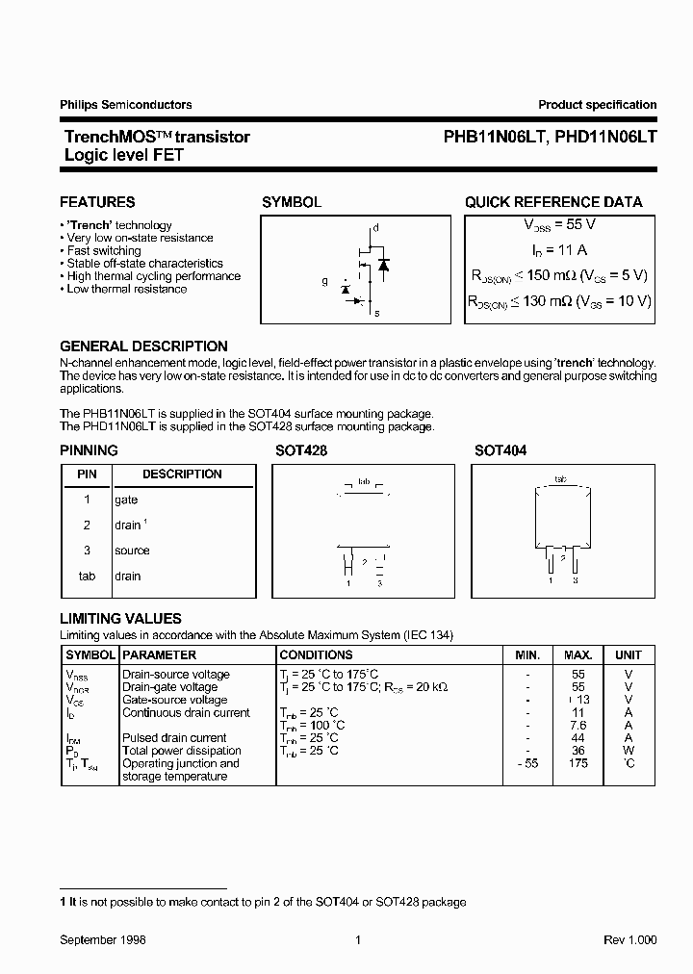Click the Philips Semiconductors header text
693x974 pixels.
[126, 105]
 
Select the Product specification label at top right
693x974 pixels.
[597, 105]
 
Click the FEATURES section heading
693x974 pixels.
[97, 202]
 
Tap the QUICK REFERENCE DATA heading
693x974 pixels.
[553, 202]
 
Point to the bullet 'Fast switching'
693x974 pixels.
[104, 250]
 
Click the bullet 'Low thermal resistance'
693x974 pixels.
[127, 289]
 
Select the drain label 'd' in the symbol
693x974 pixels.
[376, 228]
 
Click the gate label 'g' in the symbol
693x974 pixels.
[325, 282]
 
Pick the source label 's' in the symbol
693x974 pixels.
[376, 314]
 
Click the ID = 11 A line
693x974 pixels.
[559, 249]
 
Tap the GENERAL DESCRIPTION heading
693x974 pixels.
[143, 346]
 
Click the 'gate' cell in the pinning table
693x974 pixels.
[126, 500]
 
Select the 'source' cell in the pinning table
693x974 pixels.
[132, 551]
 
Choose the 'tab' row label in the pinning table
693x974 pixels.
[87, 576]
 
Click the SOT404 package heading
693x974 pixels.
[500, 450]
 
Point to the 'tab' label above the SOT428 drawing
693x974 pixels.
[363, 480]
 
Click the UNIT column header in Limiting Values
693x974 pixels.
[628, 654]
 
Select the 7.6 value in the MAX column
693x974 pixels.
[578, 725]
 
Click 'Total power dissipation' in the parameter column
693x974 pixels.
[181, 751]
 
